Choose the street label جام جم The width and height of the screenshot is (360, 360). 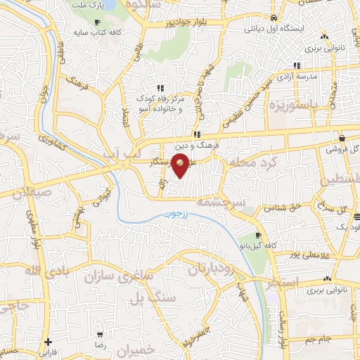pos(319,339)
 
